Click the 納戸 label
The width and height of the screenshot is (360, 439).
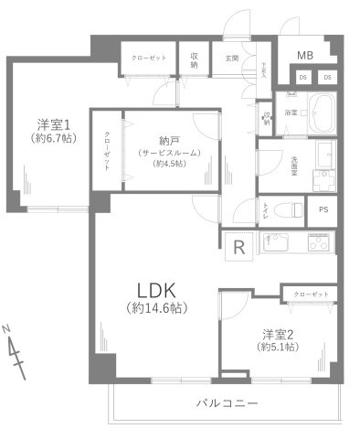[168, 140]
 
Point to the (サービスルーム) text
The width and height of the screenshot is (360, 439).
[168, 152]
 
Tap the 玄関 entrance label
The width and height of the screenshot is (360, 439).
[231, 59]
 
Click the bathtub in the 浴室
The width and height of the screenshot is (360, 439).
[321, 113]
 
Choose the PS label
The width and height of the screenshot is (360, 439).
[323, 209]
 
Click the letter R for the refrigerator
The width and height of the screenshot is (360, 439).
[238, 246]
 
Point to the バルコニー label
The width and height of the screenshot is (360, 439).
[228, 403]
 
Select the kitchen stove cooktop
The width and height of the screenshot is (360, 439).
[321, 244]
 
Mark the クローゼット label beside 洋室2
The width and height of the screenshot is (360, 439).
[310, 294]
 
